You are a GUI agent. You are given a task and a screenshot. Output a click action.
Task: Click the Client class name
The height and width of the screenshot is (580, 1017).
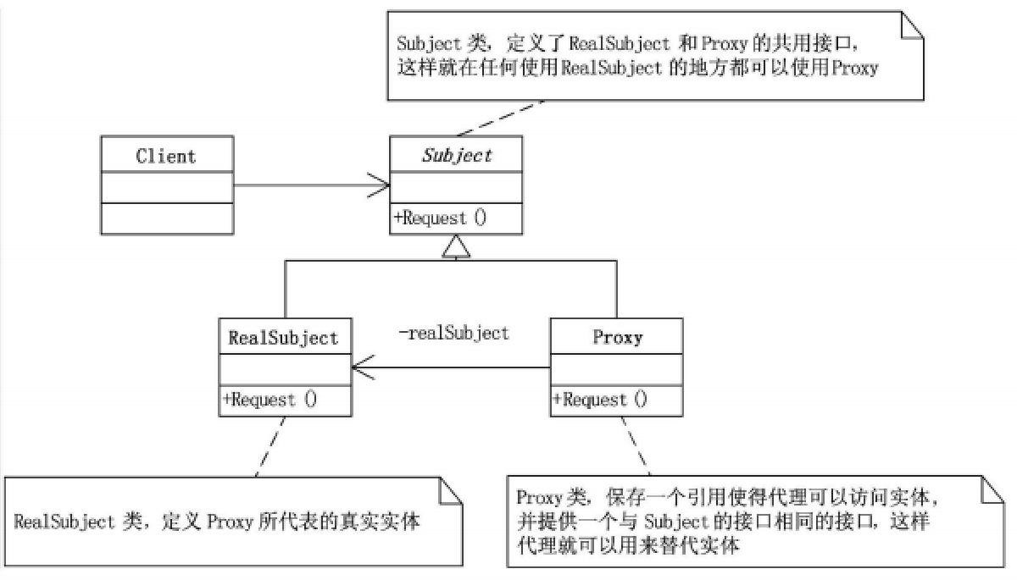pyautogui.click(x=166, y=156)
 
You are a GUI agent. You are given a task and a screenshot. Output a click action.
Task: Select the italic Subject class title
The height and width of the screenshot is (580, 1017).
pyautogui.click(x=457, y=156)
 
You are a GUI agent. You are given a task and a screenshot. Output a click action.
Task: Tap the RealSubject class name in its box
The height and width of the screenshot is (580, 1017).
pyautogui.click(x=283, y=339)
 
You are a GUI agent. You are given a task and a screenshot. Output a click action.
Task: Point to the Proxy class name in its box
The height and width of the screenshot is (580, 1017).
pyautogui.click(x=618, y=337)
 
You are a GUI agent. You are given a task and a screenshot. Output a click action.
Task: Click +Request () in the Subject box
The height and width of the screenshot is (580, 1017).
pyautogui.click(x=440, y=218)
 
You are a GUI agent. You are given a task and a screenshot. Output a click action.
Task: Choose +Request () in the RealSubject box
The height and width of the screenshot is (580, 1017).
pyautogui.click(x=270, y=400)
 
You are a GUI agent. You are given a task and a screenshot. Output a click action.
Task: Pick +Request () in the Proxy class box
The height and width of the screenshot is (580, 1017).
pyautogui.click(x=600, y=400)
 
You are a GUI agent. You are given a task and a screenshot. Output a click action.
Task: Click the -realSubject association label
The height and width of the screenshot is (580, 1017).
pyautogui.click(x=453, y=334)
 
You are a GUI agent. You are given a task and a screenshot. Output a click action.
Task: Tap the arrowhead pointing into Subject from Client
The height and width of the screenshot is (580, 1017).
pyautogui.click(x=379, y=185)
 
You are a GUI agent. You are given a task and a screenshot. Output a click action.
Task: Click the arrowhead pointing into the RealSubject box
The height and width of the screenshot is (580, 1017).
pyautogui.click(x=364, y=367)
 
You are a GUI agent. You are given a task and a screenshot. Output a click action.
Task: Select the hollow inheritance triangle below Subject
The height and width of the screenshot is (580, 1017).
pyautogui.click(x=456, y=246)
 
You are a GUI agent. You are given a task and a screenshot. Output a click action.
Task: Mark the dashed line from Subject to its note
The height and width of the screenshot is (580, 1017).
pyautogui.click(x=500, y=119)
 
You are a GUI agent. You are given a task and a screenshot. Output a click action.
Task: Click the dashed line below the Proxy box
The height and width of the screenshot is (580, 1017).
pyautogui.click(x=636, y=446)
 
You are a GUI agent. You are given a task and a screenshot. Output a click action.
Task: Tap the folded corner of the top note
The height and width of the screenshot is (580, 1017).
pyautogui.click(x=912, y=25)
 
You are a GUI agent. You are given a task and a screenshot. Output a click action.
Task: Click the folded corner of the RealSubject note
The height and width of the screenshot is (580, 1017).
pyautogui.click(x=451, y=490)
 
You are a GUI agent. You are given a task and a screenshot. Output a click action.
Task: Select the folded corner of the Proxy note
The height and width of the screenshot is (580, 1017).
pyautogui.click(x=992, y=489)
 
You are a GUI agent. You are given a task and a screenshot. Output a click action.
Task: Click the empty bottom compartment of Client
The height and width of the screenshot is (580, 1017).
pyautogui.click(x=167, y=218)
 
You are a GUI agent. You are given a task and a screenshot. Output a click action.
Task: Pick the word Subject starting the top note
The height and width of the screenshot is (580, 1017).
pyautogui.click(x=429, y=44)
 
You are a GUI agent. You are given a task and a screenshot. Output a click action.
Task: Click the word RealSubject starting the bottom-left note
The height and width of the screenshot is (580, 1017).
pyautogui.click(x=64, y=522)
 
